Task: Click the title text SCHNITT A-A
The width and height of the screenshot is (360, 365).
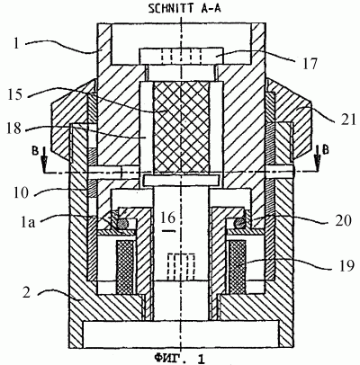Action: coord(184,8)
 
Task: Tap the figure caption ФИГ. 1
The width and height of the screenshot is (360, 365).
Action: coord(179,358)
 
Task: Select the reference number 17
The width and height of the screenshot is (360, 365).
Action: coord(308,65)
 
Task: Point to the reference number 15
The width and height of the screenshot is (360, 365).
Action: coord(14,95)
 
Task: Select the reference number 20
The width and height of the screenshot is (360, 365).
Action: coord(342,220)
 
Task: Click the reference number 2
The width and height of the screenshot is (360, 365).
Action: coord(27,293)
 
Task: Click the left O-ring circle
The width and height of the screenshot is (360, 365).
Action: coord(122,222)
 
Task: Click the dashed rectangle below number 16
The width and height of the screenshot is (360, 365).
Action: coord(181,265)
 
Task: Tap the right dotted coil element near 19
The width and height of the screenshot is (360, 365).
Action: coord(237,267)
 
